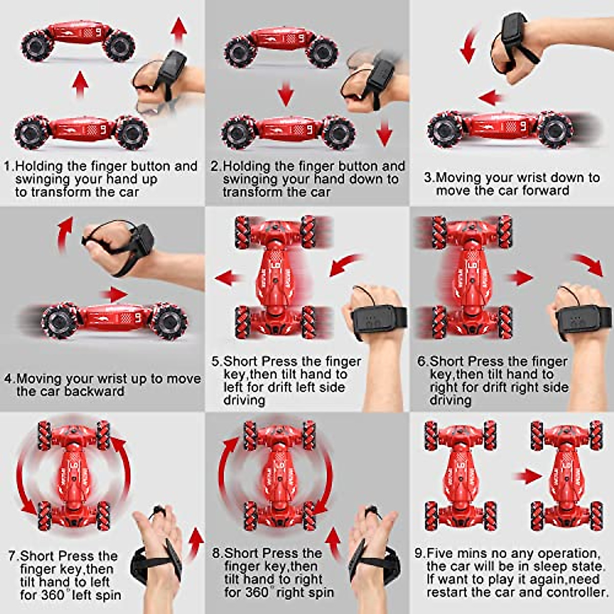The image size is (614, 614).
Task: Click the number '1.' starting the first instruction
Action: coord(9,166)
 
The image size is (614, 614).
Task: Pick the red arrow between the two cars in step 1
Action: coord(80,84)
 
